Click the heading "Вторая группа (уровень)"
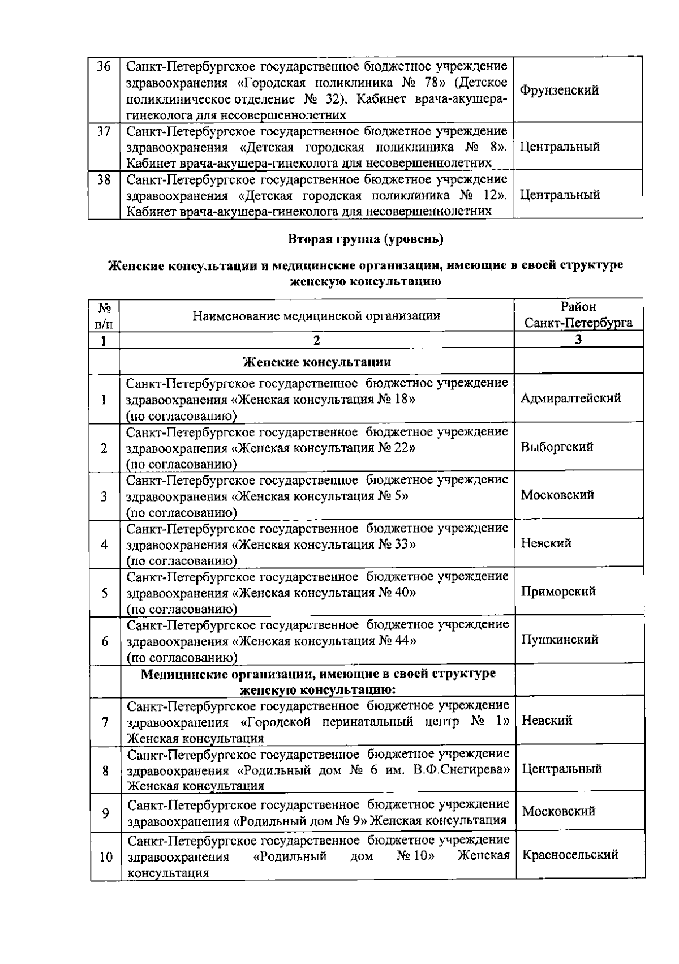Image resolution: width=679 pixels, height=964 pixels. pyautogui.click(x=366, y=239)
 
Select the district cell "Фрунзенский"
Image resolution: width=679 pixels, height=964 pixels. pyautogui.click(x=559, y=91)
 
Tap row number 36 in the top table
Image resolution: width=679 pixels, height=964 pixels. pyautogui.click(x=104, y=67)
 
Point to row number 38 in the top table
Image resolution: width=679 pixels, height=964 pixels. pyautogui.click(x=104, y=180)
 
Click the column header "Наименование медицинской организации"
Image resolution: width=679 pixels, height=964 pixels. pyautogui.click(x=316, y=316)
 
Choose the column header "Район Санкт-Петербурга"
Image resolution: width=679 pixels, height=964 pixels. pyautogui.click(x=578, y=315)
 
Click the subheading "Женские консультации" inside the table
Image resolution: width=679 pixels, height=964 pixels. pyautogui.click(x=316, y=362)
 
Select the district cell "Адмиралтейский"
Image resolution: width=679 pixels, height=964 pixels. pyautogui.click(x=570, y=398)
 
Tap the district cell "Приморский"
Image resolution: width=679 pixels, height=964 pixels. pyautogui.click(x=558, y=592)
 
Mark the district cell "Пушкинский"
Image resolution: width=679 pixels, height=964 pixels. pyautogui.click(x=560, y=640)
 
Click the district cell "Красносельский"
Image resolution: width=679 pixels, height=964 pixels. pyautogui.click(x=570, y=855)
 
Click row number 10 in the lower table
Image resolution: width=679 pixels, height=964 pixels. pyautogui.click(x=106, y=857)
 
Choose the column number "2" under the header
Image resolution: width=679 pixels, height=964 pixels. pyautogui.click(x=316, y=340)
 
